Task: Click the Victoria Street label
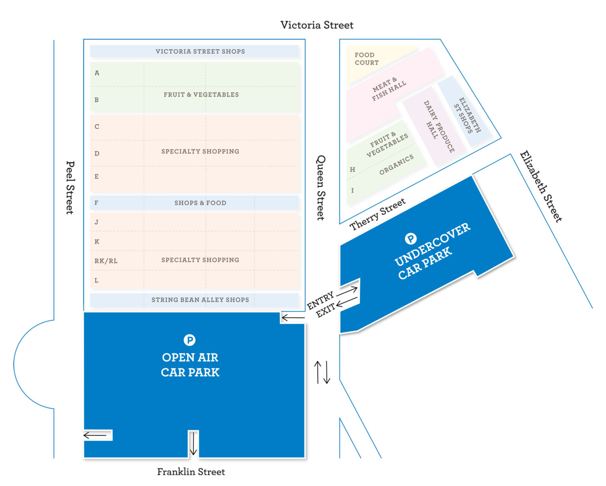(x=317, y=25)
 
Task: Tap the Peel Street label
(x=70, y=188)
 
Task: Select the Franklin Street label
(x=191, y=472)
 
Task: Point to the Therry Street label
(x=378, y=214)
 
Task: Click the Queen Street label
(x=321, y=188)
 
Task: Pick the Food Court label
(x=367, y=59)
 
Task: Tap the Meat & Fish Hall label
(x=389, y=90)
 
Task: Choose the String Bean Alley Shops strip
(x=200, y=300)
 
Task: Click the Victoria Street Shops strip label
(x=200, y=52)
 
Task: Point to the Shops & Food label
(x=200, y=203)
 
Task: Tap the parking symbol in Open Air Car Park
(x=190, y=340)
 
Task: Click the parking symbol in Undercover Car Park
(x=411, y=238)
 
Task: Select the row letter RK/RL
(x=106, y=261)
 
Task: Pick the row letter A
(x=97, y=73)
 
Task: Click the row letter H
(x=352, y=170)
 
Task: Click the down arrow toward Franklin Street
(x=193, y=444)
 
